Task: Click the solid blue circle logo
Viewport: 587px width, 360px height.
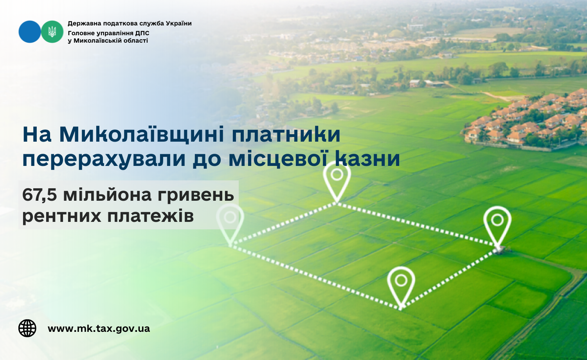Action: click(30, 32)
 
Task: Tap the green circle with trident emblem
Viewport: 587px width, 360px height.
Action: click(52, 32)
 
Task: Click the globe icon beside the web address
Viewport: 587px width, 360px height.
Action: click(27, 328)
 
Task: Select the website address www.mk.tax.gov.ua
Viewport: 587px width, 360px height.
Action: click(99, 329)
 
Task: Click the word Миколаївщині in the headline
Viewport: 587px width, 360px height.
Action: click(142, 134)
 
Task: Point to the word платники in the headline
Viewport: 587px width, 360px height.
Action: click(286, 135)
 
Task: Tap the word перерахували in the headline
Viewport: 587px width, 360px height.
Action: click(104, 159)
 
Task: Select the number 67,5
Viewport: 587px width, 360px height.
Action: click(40, 195)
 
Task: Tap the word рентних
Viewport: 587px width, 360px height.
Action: click(61, 216)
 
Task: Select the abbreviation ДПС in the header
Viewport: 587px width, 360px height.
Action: click(142, 33)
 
